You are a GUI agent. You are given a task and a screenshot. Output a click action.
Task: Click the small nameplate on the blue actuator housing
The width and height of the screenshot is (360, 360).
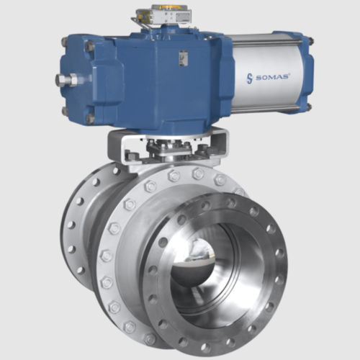[184, 58]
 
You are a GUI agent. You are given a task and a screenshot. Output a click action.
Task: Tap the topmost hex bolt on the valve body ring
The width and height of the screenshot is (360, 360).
[174, 175]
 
